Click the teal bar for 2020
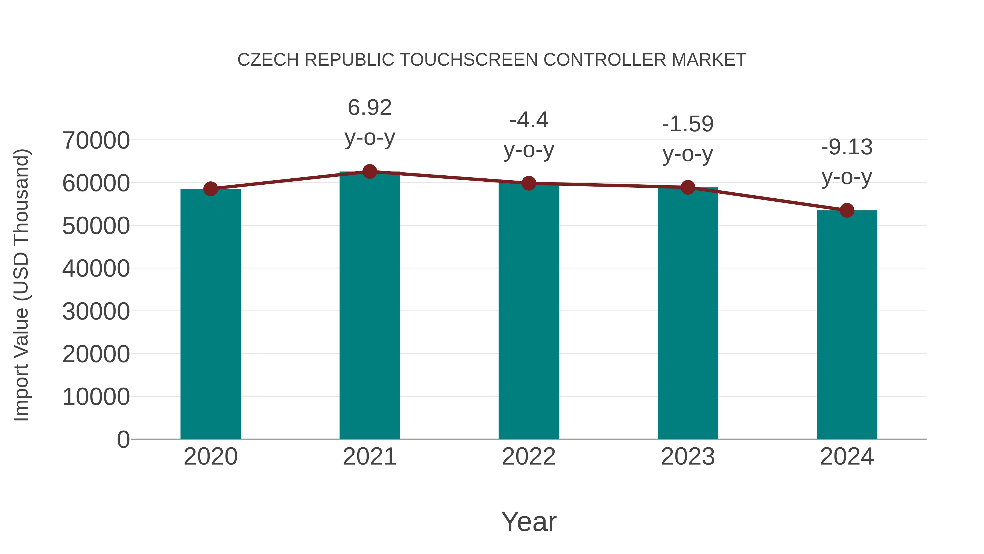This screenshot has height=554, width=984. [210, 314]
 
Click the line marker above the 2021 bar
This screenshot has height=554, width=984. [369, 172]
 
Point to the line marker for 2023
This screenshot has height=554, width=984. [688, 187]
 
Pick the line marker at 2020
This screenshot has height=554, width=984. [210, 189]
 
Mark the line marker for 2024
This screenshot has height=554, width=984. [847, 210]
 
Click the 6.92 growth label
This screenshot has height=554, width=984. [369, 108]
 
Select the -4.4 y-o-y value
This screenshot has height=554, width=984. [529, 120]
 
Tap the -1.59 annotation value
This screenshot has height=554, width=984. [688, 124]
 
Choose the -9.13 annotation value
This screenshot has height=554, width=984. [847, 147]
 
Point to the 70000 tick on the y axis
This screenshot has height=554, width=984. [96, 140]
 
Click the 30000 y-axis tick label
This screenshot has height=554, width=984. [96, 311]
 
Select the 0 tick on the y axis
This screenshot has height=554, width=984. [123, 439]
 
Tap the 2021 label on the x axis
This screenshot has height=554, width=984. [369, 457]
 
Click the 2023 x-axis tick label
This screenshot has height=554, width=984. [688, 457]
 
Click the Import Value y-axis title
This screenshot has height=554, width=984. [21, 285]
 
